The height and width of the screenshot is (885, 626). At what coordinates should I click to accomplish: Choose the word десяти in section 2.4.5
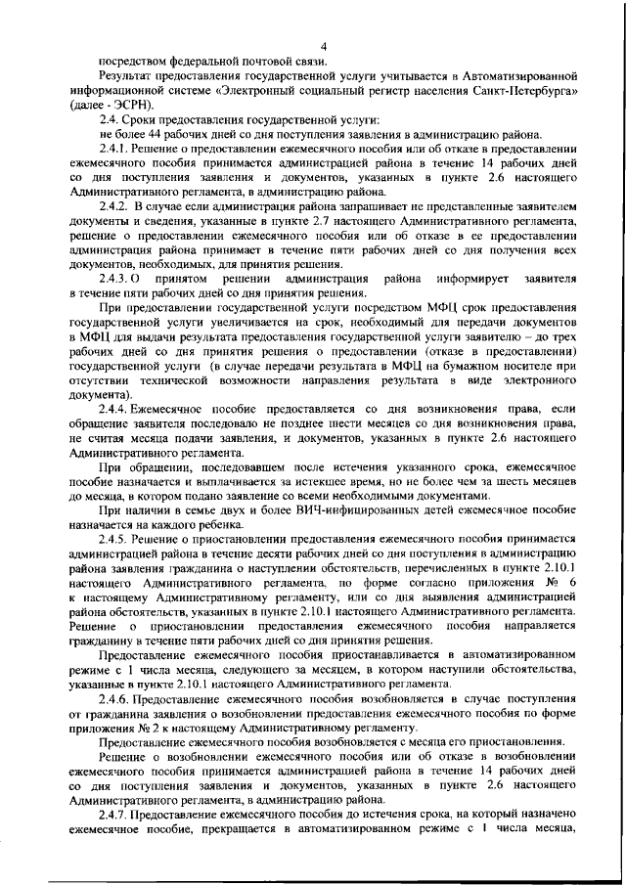[x=273, y=554]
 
